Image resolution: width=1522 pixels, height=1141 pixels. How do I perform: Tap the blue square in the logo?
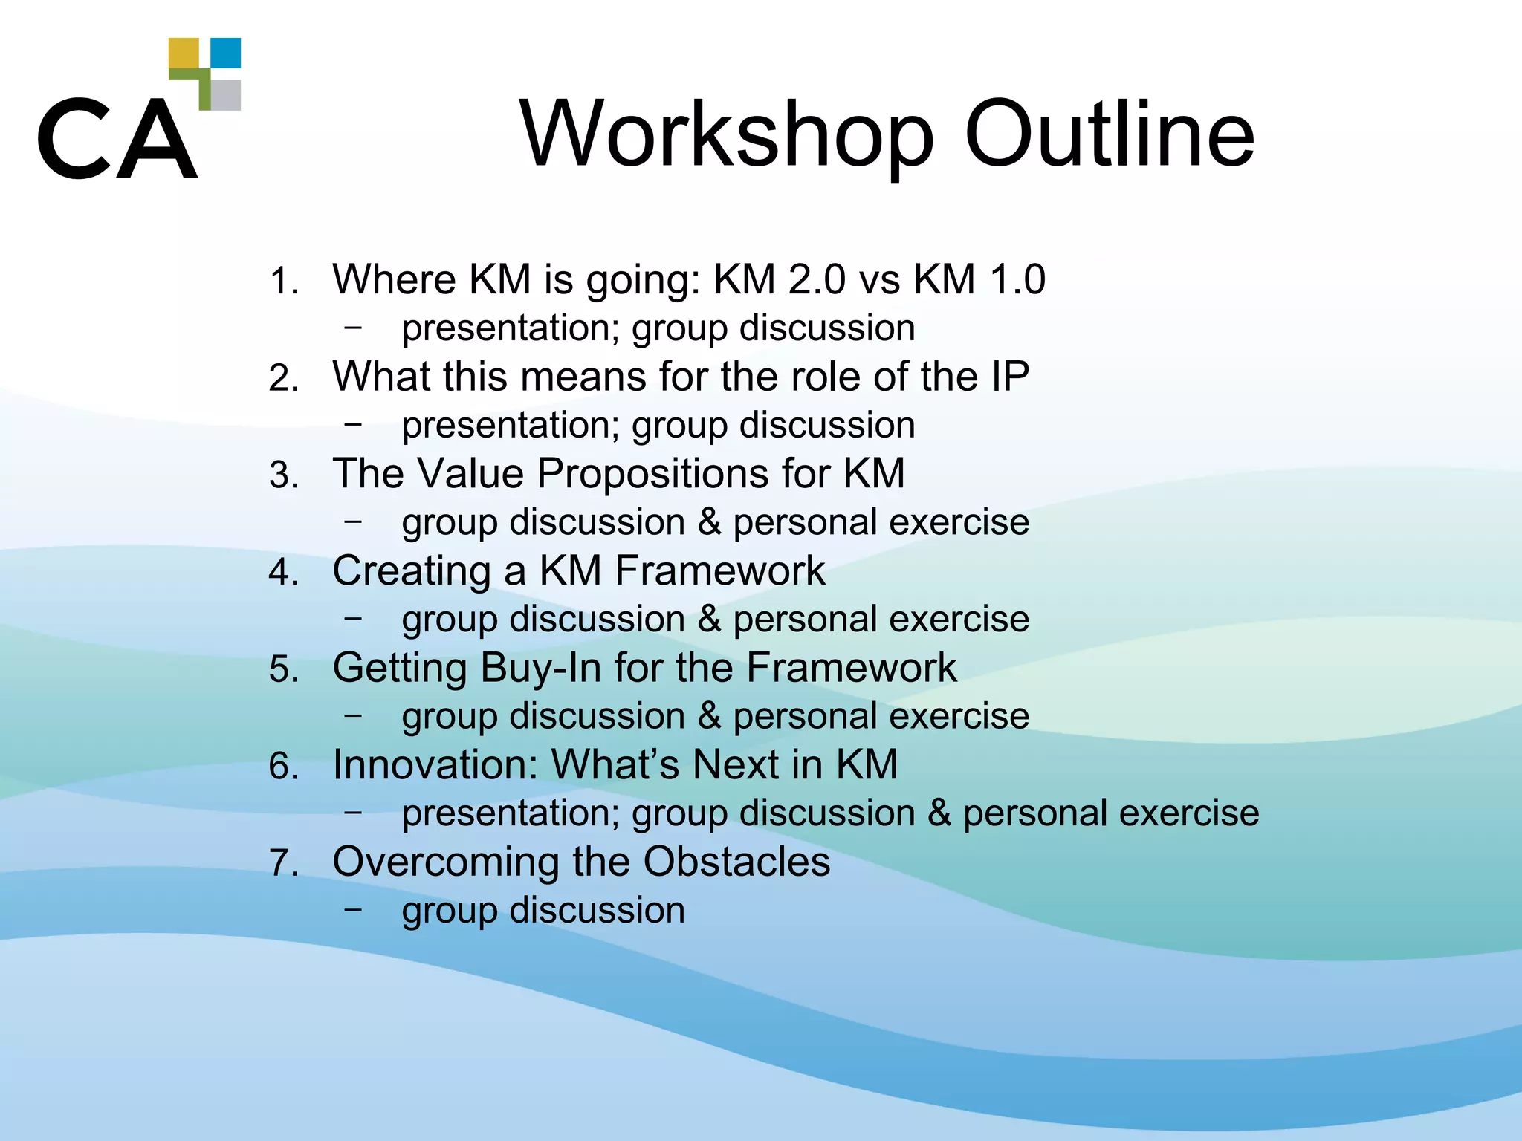coord(226,53)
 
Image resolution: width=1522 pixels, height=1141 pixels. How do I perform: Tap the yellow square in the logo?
coord(184,53)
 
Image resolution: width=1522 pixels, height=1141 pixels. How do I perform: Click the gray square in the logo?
coord(226,95)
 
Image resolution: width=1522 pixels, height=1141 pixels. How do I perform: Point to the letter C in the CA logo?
coord(72,139)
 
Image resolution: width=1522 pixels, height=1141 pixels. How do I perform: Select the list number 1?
coord(282,282)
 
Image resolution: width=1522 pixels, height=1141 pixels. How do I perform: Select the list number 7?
coord(283,864)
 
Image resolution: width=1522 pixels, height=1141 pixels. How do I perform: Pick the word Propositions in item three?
coord(652,474)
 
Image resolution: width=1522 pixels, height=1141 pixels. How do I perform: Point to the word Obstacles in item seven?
coord(736,862)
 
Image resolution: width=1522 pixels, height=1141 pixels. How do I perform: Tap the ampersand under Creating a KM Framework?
coord(709,619)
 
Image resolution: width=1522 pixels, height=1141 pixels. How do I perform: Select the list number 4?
coord(283,573)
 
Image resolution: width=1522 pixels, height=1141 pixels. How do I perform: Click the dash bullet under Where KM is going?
coord(354,327)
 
